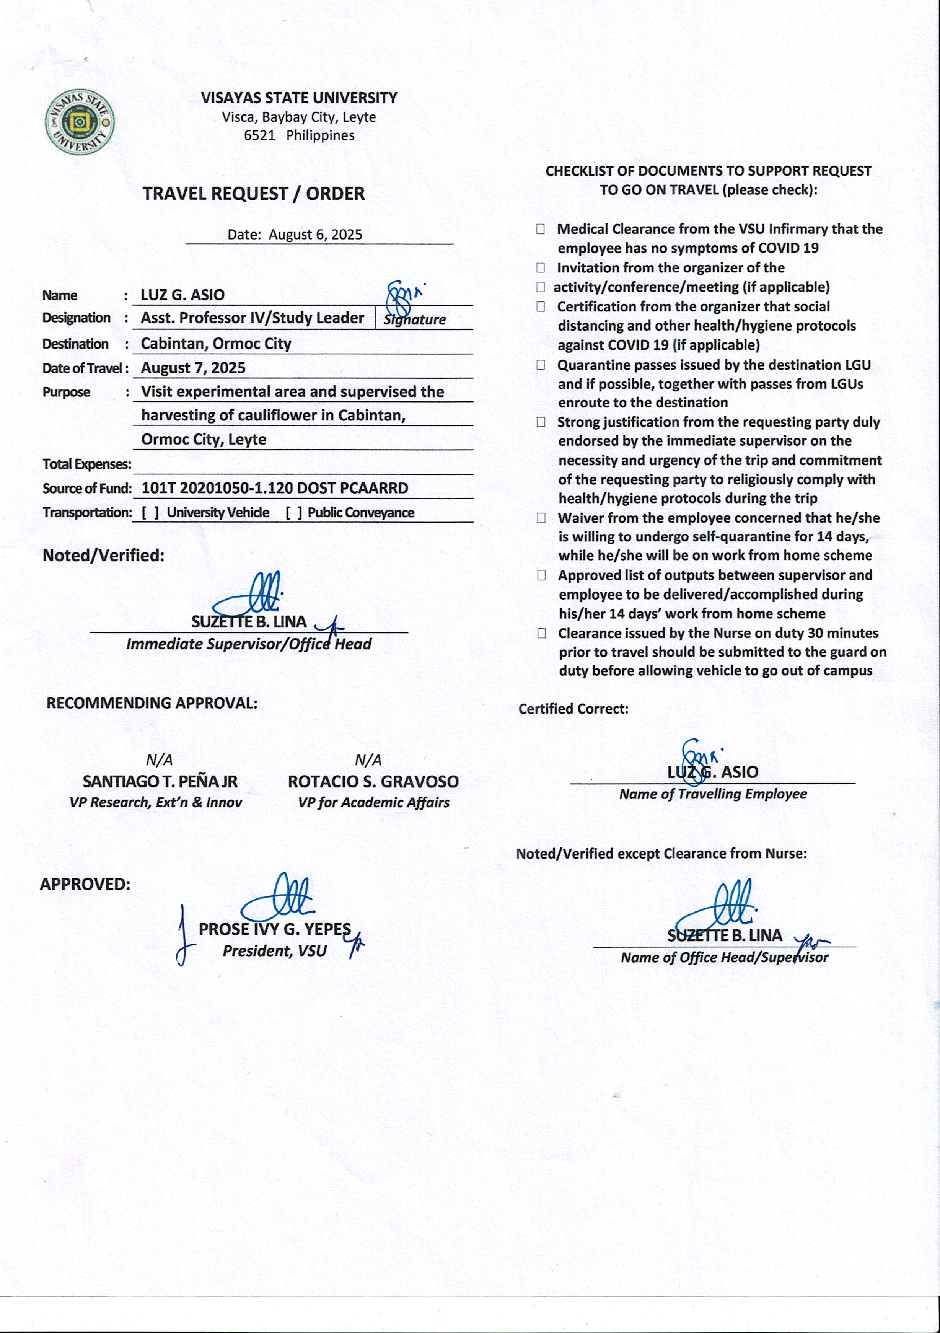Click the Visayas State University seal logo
pos(80,122)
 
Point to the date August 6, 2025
pos(315,235)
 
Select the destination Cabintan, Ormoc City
pos(216,344)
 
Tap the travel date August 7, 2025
pos(193,368)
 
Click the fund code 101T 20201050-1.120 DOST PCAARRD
pos(275,488)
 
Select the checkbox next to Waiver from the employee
pos(541,518)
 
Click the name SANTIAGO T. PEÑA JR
pos(160,781)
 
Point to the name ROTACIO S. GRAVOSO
pos(373,781)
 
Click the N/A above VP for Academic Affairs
pos(368,760)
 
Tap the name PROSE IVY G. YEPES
pos(275,929)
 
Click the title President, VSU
pos(275,951)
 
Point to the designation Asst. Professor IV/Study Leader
pos(253,318)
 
